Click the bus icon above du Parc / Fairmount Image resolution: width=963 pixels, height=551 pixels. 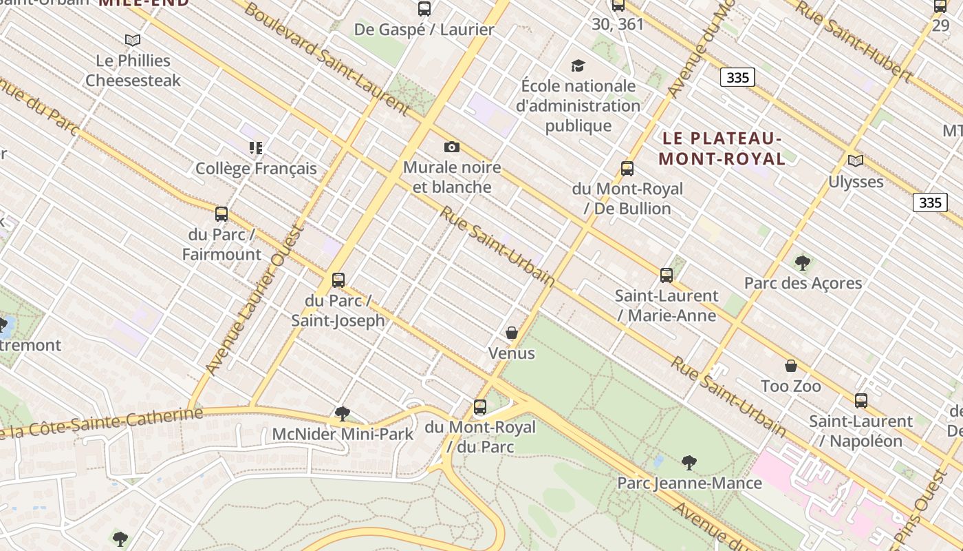(221, 214)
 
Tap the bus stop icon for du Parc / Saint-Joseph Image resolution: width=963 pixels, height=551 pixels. (338, 280)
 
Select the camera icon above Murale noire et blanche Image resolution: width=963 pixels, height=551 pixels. (451, 147)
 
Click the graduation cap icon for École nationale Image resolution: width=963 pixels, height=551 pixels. (578, 66)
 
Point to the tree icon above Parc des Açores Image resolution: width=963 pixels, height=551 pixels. (802, 262)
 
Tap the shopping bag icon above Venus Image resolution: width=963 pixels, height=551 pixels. (511, 333)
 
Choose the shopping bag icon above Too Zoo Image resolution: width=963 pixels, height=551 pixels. (790, 366)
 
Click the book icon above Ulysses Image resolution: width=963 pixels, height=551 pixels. (855, 161)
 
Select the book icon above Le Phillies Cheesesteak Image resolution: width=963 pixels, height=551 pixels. (133, 41)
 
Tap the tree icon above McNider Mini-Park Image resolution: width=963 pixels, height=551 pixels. (342, 414)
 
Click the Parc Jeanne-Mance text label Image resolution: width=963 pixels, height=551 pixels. (689, 483)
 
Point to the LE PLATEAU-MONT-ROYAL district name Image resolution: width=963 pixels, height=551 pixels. (722, 149)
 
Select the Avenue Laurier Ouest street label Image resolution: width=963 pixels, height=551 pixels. (256, 300)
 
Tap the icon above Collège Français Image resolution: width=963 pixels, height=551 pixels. (256, 148)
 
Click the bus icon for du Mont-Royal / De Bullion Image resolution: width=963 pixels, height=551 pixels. (627, 169)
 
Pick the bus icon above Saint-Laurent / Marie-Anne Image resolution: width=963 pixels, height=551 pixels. (666, 275)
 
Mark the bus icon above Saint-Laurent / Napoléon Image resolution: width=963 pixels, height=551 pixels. (861, 401)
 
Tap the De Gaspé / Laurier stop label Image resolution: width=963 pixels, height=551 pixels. (424, 29)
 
